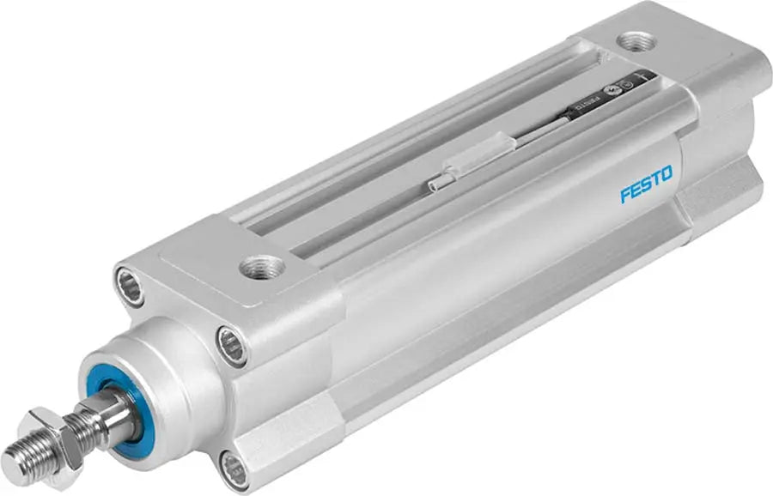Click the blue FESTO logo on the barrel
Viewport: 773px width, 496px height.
(646, 184)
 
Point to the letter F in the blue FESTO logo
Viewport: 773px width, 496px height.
(625, 195)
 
